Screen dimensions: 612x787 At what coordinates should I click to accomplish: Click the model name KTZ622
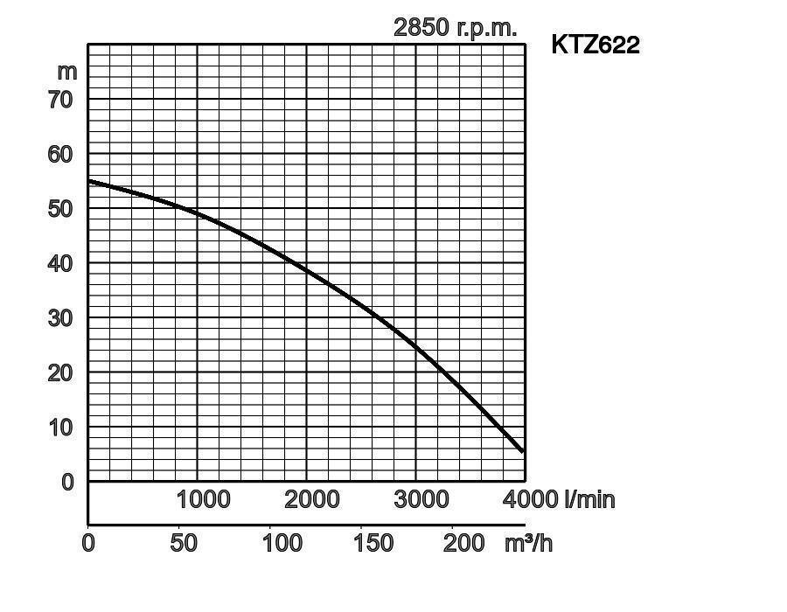click(595, 45)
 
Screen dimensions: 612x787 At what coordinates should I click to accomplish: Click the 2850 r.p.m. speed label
click(455, 27)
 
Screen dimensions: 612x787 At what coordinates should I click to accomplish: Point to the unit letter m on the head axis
click(67, 72)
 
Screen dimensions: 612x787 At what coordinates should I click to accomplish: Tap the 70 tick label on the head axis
click(61, 100)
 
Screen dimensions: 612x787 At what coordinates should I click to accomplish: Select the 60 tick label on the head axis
click(61, 154)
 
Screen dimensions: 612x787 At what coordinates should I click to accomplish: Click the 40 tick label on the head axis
click(61, 263)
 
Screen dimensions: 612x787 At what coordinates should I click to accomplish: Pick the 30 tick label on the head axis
click(61, 318)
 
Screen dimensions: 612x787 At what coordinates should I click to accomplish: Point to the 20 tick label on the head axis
click(61, 372)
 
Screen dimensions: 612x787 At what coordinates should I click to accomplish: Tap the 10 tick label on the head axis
click(61, 428)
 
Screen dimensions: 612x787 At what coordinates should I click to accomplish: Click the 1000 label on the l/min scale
click(203, 499)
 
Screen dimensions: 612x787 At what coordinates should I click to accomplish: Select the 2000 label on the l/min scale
click(312, 499)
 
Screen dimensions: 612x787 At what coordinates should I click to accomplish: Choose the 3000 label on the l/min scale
click(421, 499)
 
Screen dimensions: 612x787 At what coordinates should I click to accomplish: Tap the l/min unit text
click(589, 499)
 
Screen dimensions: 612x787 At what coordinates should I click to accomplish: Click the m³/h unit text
click(528, 543)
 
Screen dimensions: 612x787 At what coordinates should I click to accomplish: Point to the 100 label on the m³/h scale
click(282, 543)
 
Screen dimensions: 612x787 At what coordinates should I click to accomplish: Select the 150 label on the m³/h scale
click(373, 543)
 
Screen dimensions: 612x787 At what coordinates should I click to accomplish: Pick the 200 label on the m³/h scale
click(463, 543)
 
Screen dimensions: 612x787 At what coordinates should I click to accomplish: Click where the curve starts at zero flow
click(89, 182)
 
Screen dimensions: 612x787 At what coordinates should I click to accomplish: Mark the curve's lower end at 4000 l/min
click(523, 451)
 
